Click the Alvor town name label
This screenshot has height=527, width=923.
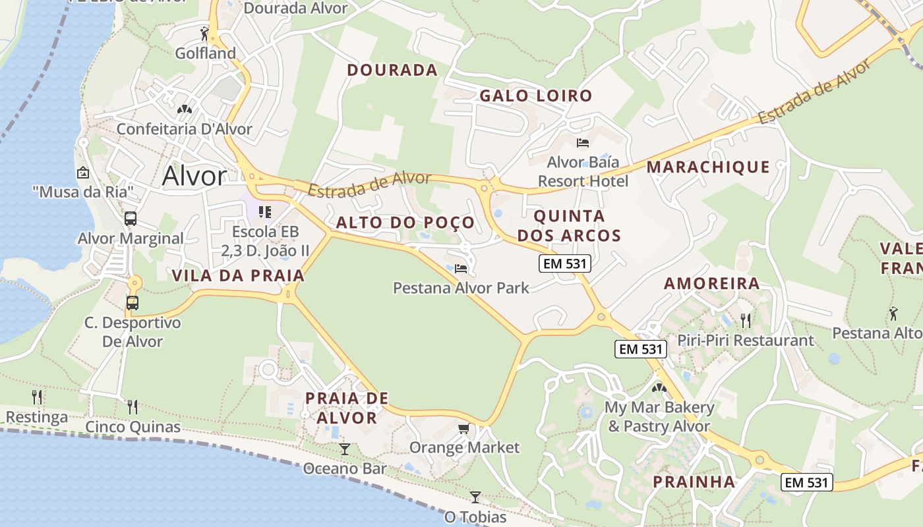[194, 176]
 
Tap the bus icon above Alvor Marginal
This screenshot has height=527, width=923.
[131, 218]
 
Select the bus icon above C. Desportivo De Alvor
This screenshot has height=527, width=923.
[133, 302]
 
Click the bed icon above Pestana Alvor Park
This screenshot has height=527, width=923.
[461, 268]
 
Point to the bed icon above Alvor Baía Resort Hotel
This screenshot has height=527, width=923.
[582, 142]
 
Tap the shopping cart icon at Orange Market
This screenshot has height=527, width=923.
[464, 429]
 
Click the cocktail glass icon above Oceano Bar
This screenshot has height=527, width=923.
[344, 449]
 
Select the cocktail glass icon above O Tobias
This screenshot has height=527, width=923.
[475, 497]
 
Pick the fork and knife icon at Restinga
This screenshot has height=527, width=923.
[37, 397]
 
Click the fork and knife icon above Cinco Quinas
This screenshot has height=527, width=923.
[133, 406]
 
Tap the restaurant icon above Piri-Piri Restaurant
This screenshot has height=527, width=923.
[746, 321]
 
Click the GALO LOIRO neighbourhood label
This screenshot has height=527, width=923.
[535, 96]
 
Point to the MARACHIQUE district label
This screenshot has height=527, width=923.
[708, 167]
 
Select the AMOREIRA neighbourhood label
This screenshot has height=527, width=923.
[711, 284]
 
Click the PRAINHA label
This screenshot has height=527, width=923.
[694, 482]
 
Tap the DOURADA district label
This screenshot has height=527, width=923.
[392, 70]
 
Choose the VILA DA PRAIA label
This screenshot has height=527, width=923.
[239, 276]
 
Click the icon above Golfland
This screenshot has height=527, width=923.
[205, 33]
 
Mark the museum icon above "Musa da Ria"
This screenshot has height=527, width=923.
[83, 173]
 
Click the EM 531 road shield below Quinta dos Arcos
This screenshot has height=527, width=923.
[565, 264]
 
